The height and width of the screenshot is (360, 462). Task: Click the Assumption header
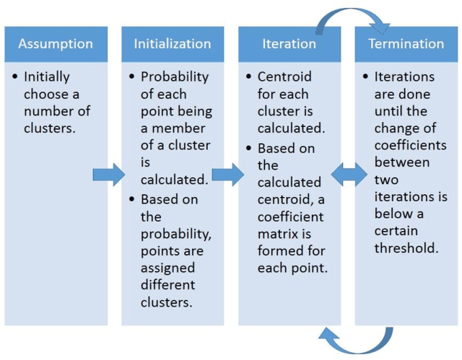56,44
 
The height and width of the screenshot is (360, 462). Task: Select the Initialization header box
173,44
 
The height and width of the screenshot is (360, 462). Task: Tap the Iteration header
289,44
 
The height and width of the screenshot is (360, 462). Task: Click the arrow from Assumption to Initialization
109,175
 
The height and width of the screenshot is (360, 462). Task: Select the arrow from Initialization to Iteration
227,175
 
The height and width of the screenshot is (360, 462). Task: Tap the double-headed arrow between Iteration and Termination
349,175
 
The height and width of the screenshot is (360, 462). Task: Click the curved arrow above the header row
351,17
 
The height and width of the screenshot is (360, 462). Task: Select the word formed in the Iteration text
279,250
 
